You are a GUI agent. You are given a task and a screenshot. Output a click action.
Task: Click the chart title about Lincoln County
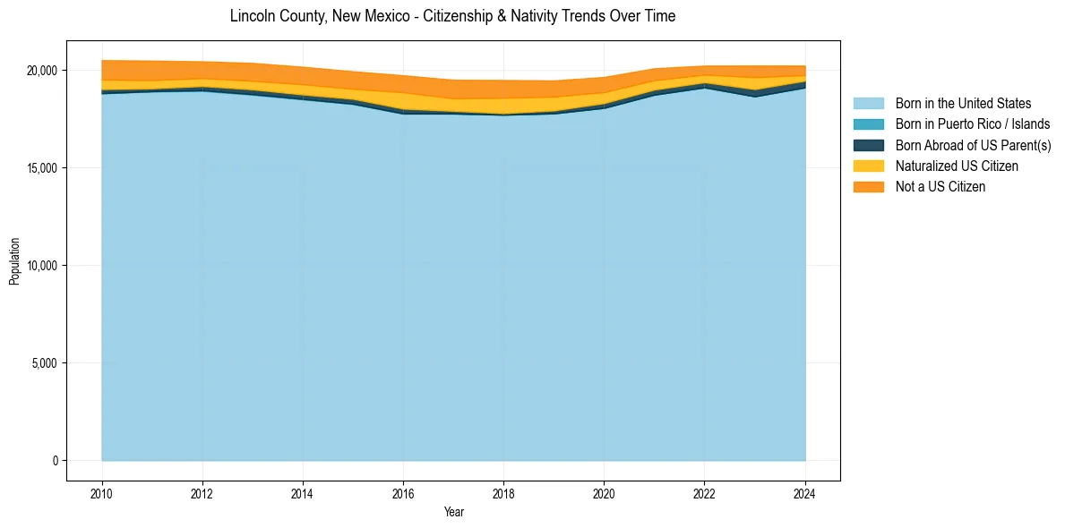(452, 16)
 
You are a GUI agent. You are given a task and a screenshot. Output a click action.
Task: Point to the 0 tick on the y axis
(56, 461)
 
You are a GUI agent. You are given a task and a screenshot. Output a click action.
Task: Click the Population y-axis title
(14, 261)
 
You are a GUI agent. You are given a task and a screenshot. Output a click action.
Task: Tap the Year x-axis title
(454, 512)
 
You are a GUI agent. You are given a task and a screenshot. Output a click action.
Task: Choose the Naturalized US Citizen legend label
(957, 166)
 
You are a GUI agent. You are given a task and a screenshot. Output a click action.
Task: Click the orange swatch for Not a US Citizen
(869, 187)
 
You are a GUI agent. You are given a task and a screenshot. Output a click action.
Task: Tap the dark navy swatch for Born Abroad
(869, 145)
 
